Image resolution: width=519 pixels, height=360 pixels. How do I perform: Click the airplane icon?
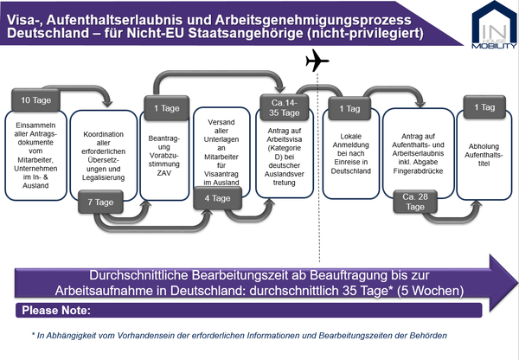[317, 61]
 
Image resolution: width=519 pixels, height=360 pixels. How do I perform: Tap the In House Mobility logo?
[494, 25]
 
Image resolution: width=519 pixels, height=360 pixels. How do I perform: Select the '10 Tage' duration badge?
[35, 100]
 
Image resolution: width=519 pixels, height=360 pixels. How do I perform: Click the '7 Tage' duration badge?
[100, 202]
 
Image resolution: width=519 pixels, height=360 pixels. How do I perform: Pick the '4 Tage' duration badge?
[217, 198]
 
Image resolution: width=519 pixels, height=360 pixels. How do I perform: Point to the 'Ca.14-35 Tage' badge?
[285, 107]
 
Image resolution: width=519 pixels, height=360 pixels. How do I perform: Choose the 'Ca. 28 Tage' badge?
[415, 202]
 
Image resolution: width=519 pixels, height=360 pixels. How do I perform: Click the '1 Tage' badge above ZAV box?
[166, 108]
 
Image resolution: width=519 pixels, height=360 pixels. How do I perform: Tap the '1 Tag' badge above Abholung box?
[484, 107]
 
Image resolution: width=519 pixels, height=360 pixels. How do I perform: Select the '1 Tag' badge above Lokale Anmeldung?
[349, 109]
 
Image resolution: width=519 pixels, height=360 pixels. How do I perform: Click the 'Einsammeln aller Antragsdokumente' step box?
[35, 156]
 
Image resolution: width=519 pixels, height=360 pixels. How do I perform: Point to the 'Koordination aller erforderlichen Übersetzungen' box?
[104, 156]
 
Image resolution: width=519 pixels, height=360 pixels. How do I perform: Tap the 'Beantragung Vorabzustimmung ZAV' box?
[164, 156]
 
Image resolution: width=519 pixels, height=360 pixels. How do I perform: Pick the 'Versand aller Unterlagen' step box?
[221, 152]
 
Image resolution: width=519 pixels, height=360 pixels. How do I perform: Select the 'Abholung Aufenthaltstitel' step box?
[484, 155]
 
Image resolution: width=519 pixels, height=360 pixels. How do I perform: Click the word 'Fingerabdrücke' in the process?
[418, 170]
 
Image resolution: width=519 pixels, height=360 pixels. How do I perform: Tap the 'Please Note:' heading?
[56, 311]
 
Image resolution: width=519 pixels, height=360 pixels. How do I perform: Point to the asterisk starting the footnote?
[33, 334]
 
